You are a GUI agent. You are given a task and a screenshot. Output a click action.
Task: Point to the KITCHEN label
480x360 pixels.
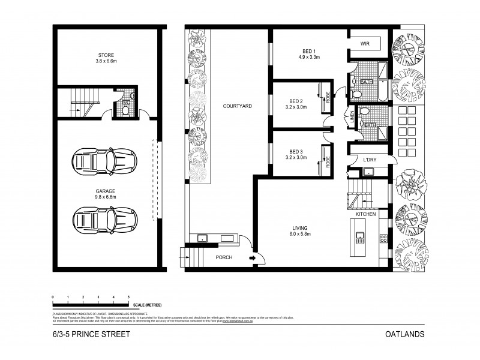click(365, 214)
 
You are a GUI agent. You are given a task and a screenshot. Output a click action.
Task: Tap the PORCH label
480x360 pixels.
click(224, 258)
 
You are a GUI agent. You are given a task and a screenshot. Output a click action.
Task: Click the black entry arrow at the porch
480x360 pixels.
click(252, 259)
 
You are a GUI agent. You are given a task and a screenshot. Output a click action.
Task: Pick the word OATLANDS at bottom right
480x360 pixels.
click(406, 334)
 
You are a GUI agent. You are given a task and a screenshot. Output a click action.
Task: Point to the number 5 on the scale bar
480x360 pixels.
click(129, 297)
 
